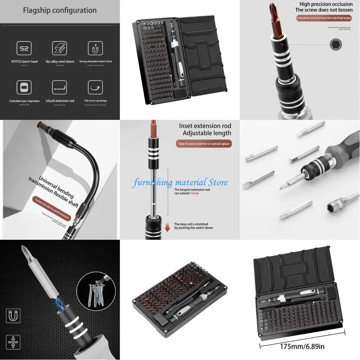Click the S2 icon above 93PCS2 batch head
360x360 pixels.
click(24, 48)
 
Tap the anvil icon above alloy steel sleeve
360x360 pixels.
click(59, 48)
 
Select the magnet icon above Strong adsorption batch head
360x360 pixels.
click(95, 48)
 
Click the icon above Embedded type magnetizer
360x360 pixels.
click(24, 88)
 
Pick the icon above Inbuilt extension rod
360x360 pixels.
click(59, 88)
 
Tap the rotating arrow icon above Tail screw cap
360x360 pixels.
click(95, 88)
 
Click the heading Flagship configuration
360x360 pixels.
click(60, 10)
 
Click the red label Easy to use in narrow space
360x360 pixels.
click(204, 144)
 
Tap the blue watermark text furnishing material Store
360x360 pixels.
click(180, 182)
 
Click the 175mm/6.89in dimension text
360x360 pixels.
click(302, 346)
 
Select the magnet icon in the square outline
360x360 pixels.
click(13, 316)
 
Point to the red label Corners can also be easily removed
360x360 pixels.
click(51, 208)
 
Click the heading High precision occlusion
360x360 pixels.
click(326, 4)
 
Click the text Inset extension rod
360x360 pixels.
click(205, 126)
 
